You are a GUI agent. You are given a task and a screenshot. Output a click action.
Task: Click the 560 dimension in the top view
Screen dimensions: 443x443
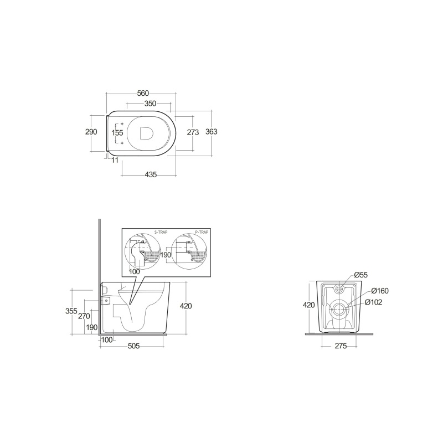143,93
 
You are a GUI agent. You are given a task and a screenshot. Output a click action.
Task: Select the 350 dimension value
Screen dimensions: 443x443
150,104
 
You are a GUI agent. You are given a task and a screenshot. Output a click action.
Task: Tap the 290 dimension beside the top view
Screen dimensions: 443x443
91,132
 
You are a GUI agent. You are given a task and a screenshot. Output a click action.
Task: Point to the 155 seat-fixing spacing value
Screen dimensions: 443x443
117,132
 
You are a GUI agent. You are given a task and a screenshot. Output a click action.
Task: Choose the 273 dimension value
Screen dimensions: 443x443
193,132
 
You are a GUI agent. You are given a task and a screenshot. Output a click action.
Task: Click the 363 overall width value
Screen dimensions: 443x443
212,131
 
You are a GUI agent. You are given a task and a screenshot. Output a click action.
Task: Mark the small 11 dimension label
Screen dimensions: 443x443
115,160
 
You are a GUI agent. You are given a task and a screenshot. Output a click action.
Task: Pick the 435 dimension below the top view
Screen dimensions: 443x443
151,174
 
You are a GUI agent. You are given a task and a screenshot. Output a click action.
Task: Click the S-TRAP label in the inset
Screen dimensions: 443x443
161,232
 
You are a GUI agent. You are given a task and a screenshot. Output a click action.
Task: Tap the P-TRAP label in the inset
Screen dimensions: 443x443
202,232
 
